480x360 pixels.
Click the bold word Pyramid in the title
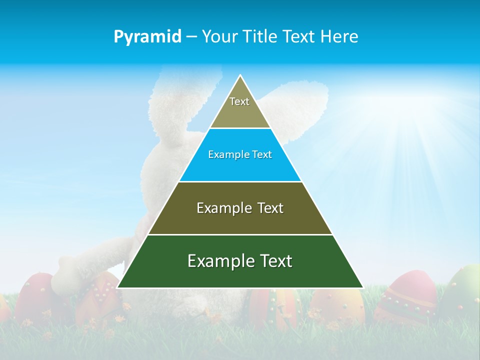pos(147,37)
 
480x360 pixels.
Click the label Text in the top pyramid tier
pos(239,101)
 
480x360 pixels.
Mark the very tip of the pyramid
pos(240,76)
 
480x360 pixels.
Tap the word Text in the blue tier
pos(262,155)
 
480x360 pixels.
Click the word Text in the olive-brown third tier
pos(270,208)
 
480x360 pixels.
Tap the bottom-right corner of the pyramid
pos(362,287)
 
